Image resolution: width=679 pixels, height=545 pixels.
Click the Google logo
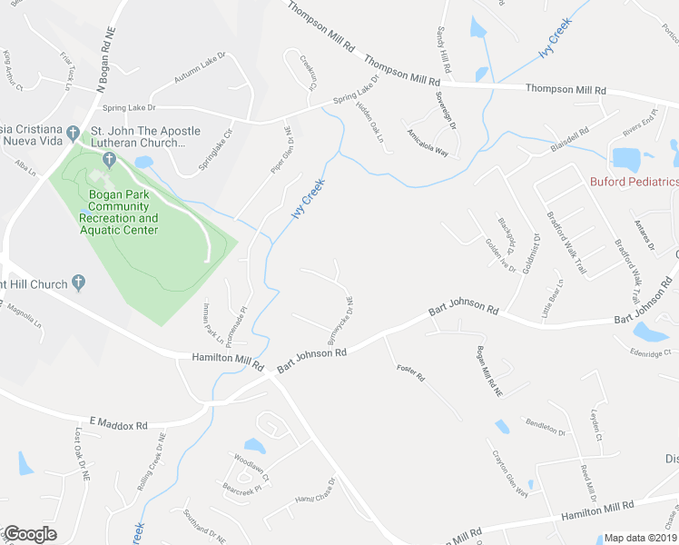tap(29, 534)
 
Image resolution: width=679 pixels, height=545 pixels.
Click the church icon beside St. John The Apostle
tap(109, 161)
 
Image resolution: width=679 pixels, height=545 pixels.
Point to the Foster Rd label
tap(411, 371)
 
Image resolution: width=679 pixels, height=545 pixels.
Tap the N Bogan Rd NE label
tap(107, 57)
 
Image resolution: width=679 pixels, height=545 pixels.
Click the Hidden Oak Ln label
tap(371, 120)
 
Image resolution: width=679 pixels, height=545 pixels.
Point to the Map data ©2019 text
tap(640, 538)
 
